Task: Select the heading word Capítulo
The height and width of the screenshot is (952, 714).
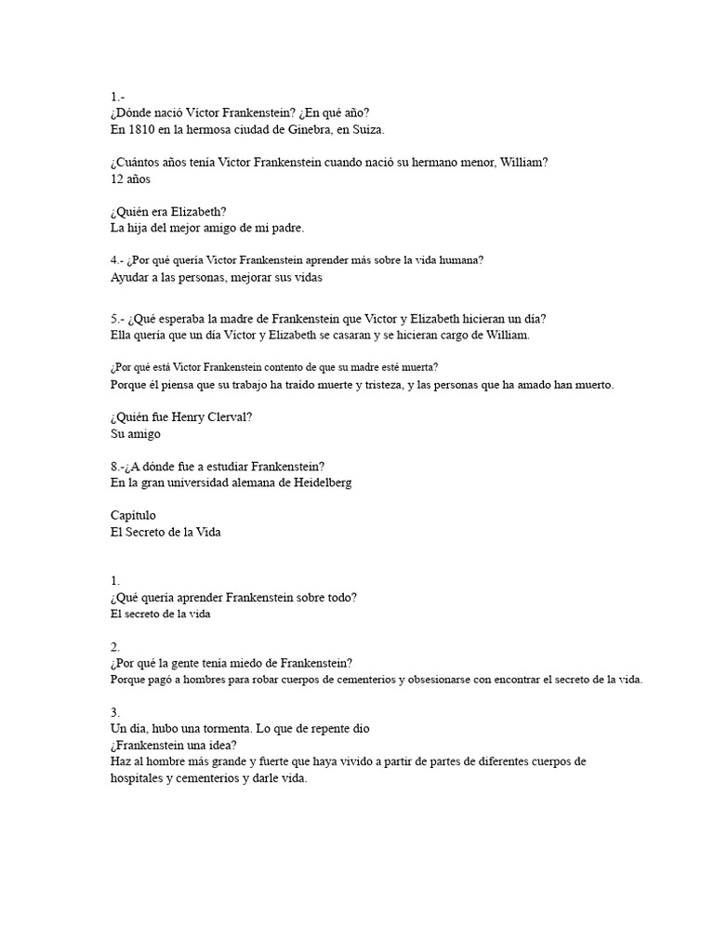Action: click(x=133, y=515)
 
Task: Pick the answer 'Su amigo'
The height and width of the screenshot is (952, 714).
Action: click(x=136, y=433)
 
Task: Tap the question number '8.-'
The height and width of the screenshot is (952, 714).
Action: click(x=119, y=466)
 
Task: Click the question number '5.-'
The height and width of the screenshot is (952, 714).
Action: click(x=118, y=318)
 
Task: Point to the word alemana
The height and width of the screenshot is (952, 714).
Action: click(x=260, y=483)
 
